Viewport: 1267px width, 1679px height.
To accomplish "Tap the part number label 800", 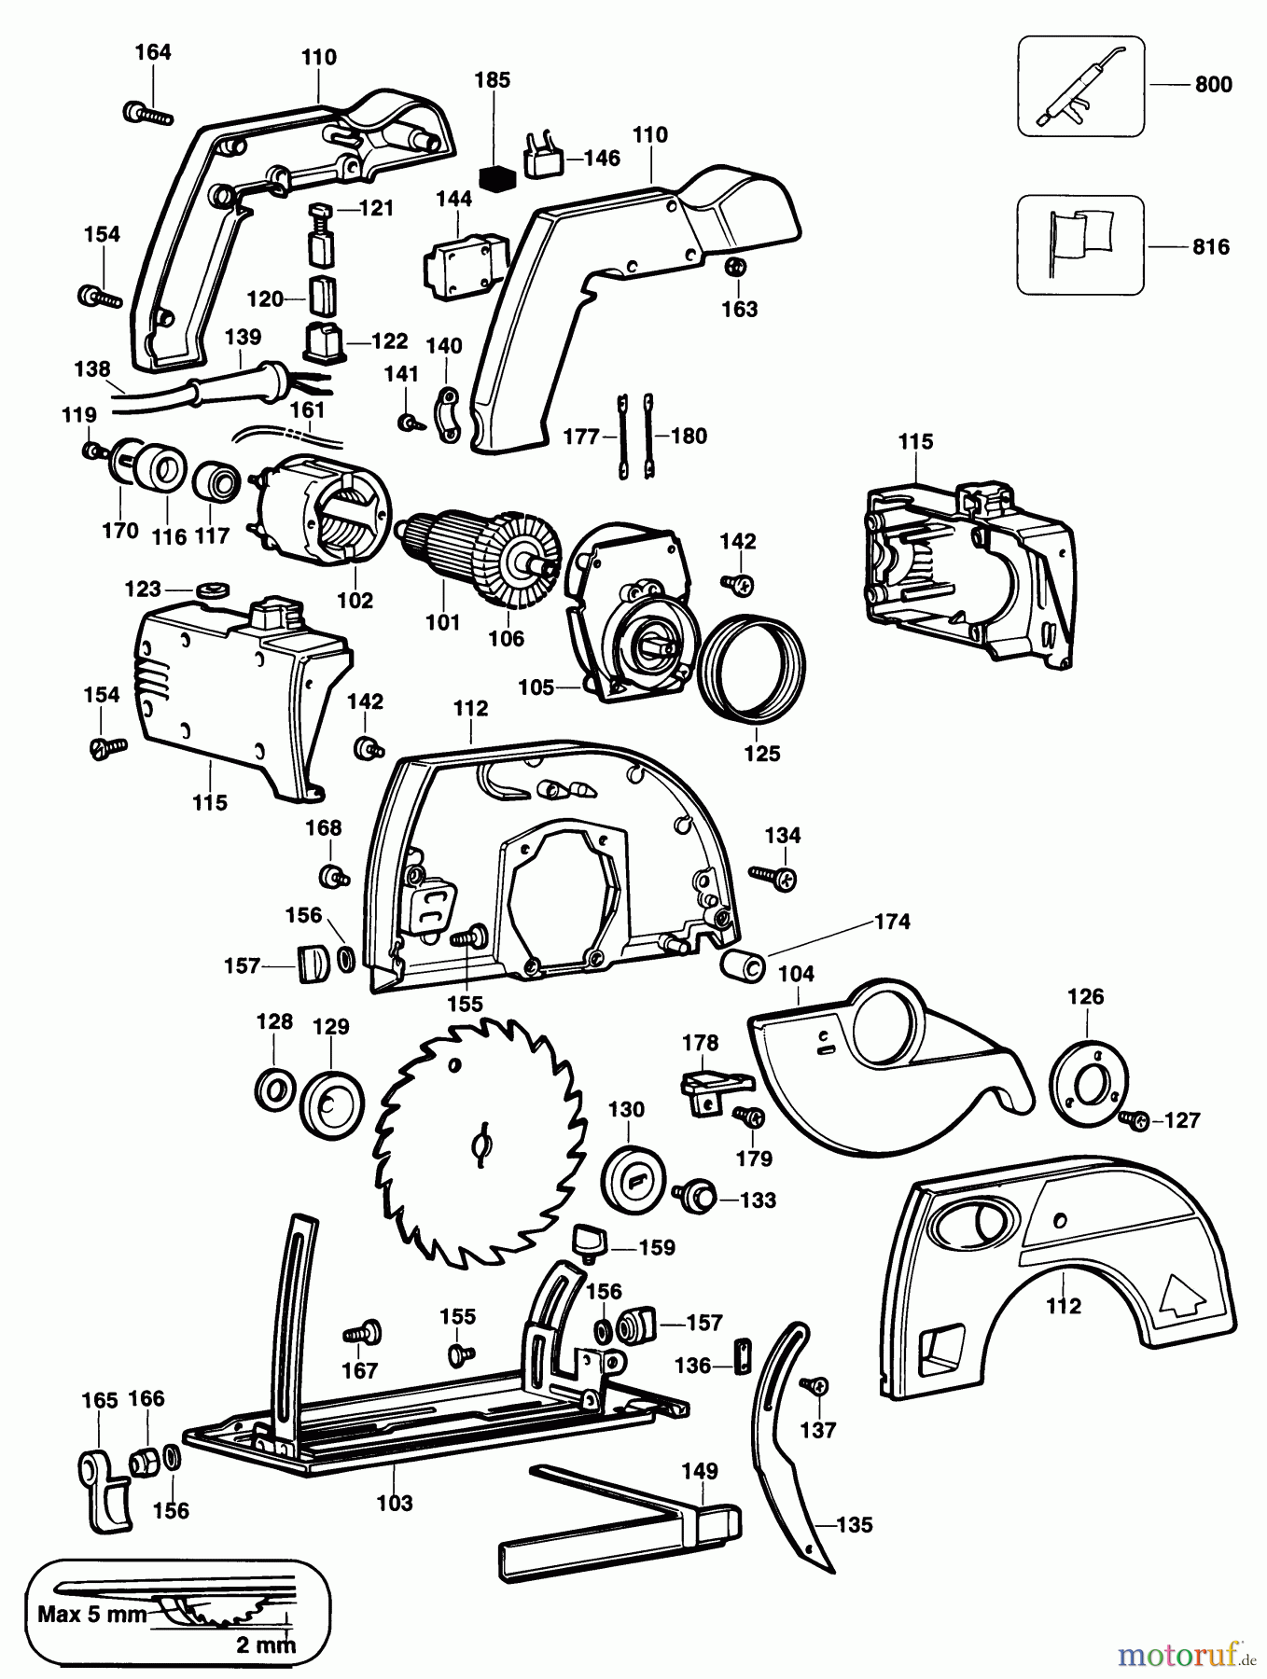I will (1213, 85).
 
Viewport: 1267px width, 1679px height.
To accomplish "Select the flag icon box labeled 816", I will (1079, 245).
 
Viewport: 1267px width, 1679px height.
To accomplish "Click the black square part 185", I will (496, 176).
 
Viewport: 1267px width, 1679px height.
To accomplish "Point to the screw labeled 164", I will (147, 114).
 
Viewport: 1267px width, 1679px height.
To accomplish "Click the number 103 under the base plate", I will (395, 1503).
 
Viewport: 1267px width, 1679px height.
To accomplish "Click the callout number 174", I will (892, 922).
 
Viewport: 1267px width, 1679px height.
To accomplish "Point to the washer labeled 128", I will (274, 1088).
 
